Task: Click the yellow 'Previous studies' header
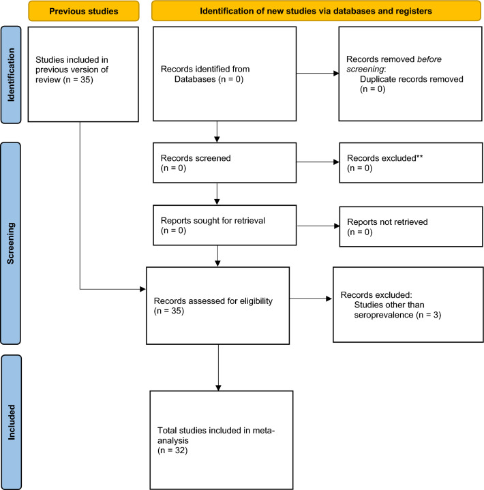83,11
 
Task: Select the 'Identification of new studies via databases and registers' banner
316,11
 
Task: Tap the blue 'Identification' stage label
11,75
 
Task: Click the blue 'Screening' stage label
11,243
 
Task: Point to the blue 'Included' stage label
12,422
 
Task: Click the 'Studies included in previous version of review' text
72,70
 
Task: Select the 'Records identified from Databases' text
205,74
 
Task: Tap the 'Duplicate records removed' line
412,79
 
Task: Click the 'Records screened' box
224,163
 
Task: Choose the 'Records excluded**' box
411,163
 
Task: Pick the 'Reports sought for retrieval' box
224,226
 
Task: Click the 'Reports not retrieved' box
411,226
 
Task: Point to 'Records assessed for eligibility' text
213,305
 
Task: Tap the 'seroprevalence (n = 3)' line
397,315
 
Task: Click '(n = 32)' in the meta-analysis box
172,450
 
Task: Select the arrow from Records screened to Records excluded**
318,162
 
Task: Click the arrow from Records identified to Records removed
318,74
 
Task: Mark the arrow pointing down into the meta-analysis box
218,367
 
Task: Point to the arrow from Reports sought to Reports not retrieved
318,226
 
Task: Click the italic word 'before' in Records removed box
429,59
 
